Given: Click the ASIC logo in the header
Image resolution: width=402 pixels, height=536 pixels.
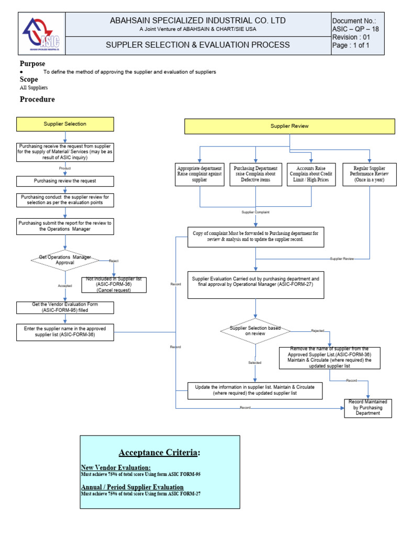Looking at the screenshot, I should (41, 33).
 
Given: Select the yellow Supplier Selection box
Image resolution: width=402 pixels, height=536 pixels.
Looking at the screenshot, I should (65, 124).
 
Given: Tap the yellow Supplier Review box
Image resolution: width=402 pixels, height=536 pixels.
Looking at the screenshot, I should (289, 126).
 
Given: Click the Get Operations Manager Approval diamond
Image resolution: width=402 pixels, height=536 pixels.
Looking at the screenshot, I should (65, 260).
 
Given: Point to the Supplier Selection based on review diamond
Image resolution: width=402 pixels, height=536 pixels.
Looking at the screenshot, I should (255, 331).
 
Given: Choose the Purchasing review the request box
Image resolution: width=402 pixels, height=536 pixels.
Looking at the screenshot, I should (65, 181).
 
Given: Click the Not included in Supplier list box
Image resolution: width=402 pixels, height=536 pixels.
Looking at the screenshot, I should (114, 285).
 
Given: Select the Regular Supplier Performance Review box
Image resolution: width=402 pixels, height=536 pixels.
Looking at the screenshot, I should (369, 173).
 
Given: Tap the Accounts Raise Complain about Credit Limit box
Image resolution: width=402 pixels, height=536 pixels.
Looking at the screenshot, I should (312, 173).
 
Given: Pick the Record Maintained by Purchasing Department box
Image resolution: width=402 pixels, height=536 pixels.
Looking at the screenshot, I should (367, 408).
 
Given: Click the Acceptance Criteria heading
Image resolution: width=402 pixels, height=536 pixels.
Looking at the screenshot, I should (159, 452).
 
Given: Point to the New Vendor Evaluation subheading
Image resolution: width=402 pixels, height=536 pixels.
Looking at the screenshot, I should (116, 467).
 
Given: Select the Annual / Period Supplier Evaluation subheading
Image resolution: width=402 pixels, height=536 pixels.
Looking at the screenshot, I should (132, 487).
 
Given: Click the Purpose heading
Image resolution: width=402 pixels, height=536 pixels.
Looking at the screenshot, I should (32, 64).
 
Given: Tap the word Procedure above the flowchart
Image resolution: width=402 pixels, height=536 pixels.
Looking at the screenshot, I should (37, 99).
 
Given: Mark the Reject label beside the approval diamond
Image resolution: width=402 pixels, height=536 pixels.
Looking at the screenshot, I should (114, 260).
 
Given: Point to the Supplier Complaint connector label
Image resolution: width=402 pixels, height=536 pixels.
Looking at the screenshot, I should (255, 212).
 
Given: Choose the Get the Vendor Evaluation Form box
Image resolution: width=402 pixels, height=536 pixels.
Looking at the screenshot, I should (65, 307).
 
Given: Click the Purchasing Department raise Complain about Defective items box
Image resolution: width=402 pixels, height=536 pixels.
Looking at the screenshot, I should (255, 173).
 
